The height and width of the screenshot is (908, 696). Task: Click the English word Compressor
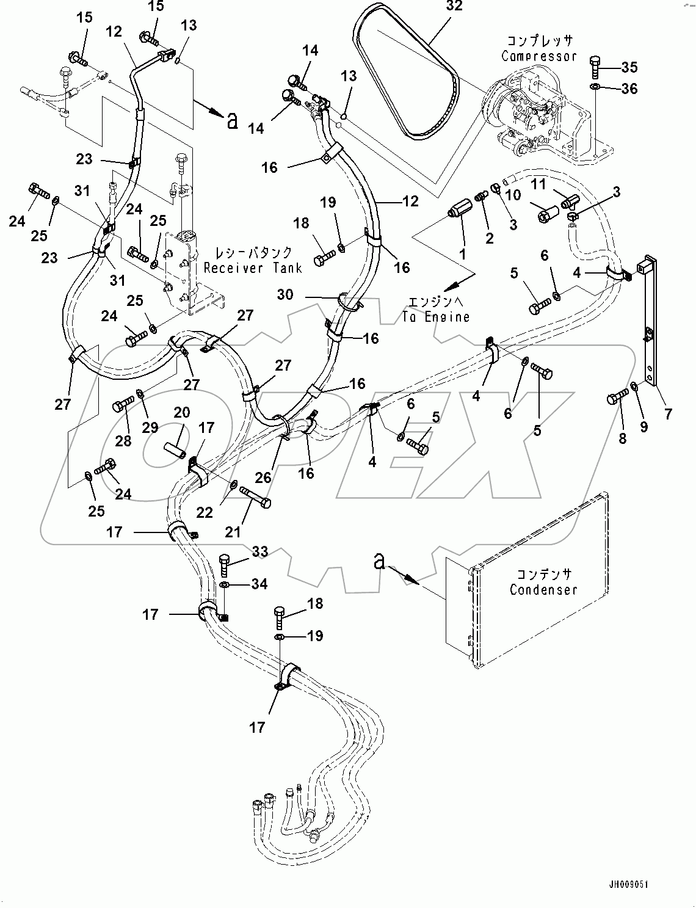pyautogui.click(x=538, y=56)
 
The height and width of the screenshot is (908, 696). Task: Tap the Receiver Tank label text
pyautogui.click(x=253, y=267)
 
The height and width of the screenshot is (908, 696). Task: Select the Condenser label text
pyautogui.click(x=543, y=589)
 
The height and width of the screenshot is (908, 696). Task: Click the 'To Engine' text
pyautogui.click(x=436, y=316)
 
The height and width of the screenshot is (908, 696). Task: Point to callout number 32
pyautogui.click(x=454, y=7)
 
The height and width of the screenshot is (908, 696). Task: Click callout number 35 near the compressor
pyautogui.click(x=629, y=67)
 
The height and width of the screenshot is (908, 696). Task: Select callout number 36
pyautogui.click(x=629, y=89)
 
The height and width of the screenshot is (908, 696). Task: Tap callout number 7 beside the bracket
pyautogui.click(x=668, y=415)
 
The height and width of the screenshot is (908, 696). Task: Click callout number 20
pyautogui.click(x=181, y=413)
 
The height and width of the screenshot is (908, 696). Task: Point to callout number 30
pyautogui.click(x=285, y=295)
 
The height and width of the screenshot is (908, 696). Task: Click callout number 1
pyautogui.click(x=462, y=253)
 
